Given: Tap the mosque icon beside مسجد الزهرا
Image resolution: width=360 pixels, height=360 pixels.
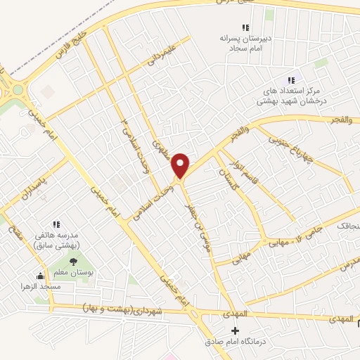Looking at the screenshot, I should point(39,276).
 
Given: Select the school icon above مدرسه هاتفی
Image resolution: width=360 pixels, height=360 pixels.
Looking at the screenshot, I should point(56,224).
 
